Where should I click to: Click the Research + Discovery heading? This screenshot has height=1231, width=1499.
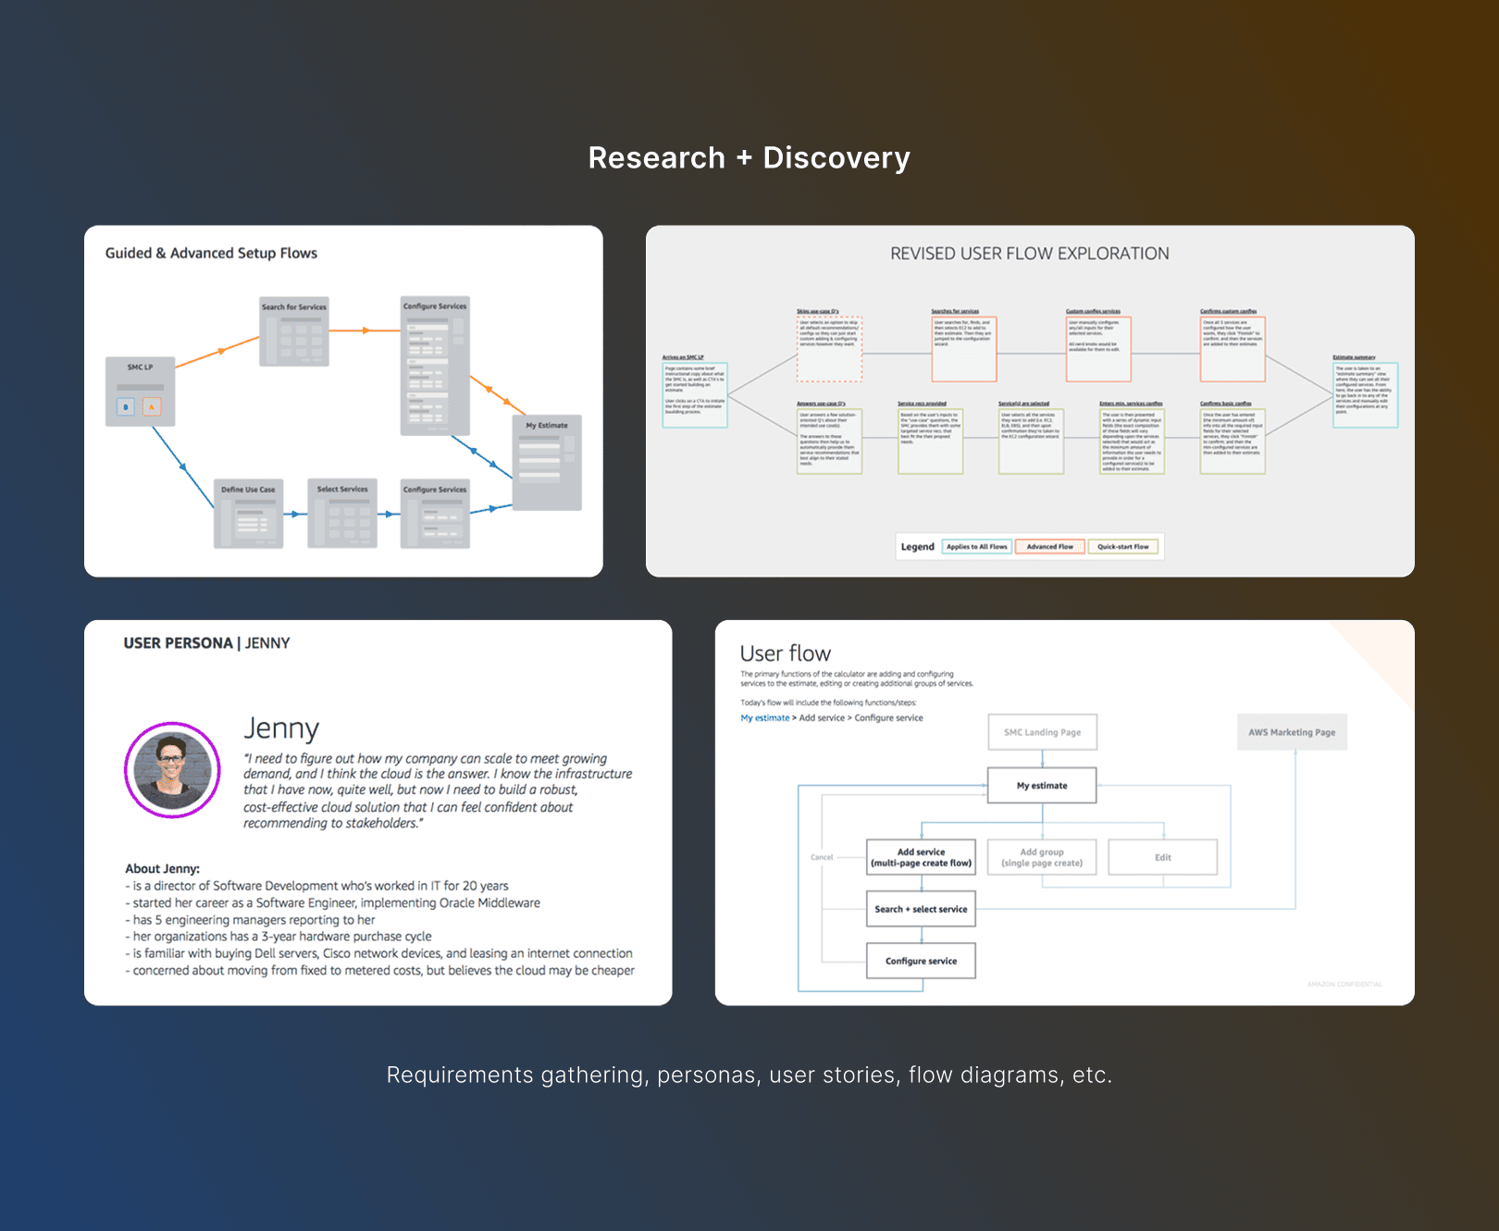click(x=749, y=158)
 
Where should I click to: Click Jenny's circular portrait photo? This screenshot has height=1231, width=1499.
click(x=172, y=770)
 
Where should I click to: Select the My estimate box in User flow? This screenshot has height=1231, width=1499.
click(x=1042, y=786)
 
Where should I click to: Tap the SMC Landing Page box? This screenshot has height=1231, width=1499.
click(x=1042, y=732)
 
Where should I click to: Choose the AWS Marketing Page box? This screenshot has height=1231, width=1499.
click(x=1292, y=732)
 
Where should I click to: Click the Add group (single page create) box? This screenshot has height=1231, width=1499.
click(x=1042, y=857)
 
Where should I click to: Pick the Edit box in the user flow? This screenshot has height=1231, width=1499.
click(x=1162, y=857)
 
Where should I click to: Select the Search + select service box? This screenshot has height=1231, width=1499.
click(x=921, y=909)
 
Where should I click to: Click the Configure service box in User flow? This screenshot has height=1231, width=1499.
click(x=921, y=961)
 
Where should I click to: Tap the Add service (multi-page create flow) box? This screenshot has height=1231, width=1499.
click(x=921, y=857)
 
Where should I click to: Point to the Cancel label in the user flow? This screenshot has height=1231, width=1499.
click(x=822, y=857)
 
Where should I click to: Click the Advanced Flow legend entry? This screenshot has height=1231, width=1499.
click(x=1050, y=547)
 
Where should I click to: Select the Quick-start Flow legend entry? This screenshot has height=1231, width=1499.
click(x=1122, y=547)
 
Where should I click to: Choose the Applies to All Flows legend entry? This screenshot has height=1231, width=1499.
click(x=977, y=547)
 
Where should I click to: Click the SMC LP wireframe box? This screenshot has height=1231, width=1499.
click(x=141, y=392)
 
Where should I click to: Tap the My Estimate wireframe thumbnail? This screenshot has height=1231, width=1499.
click(x=547, y=462)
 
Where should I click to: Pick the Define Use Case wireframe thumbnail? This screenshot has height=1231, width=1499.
click(x=248, y=514)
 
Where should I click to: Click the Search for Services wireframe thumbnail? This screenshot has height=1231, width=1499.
click(x=294, y=331)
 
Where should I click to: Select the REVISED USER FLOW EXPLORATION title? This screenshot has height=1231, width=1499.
click(x=1029, y=254)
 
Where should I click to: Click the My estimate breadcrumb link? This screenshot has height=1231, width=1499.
click(x=764, y=718)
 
